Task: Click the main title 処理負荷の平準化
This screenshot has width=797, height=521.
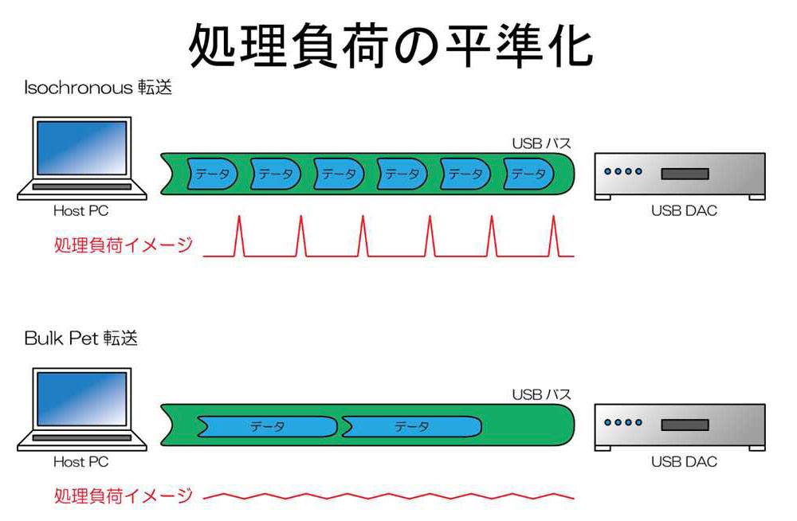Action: [x=391, y=45]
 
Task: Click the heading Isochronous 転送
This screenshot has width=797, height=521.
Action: [x=98, y=88]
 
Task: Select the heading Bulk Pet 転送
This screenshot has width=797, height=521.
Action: [x=80, y=338]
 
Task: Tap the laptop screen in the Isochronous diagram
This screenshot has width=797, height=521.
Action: [x=82, y=147]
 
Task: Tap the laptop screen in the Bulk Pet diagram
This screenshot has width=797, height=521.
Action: [x=82, y=399]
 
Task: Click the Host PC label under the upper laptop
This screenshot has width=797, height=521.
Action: [x=80, y=210]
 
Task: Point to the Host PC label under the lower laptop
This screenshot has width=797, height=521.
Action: [x=80, y=461]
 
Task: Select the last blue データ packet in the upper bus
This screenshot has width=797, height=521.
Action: [x=528, y=174]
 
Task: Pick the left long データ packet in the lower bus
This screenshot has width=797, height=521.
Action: [x=267, y=426]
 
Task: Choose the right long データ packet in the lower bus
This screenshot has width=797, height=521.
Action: [x=411, y=426]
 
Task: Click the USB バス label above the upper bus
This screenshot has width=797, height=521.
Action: [x=541, y=143]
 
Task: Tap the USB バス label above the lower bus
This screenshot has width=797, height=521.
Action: [x=541, y=394]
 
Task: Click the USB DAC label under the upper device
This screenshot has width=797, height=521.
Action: [x=684, y=210]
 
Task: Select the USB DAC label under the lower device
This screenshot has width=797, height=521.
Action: [x=684, y=461]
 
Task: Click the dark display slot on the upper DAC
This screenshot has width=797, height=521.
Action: [x=685, y=174]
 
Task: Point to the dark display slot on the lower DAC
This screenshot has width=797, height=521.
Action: [x=685, y=425]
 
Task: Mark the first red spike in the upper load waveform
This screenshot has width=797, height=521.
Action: [x=239, y=236]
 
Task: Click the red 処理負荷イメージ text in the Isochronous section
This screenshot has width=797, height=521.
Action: [x=124, y=245]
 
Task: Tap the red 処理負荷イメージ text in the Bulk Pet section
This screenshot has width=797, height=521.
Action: [x=124, y=496]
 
